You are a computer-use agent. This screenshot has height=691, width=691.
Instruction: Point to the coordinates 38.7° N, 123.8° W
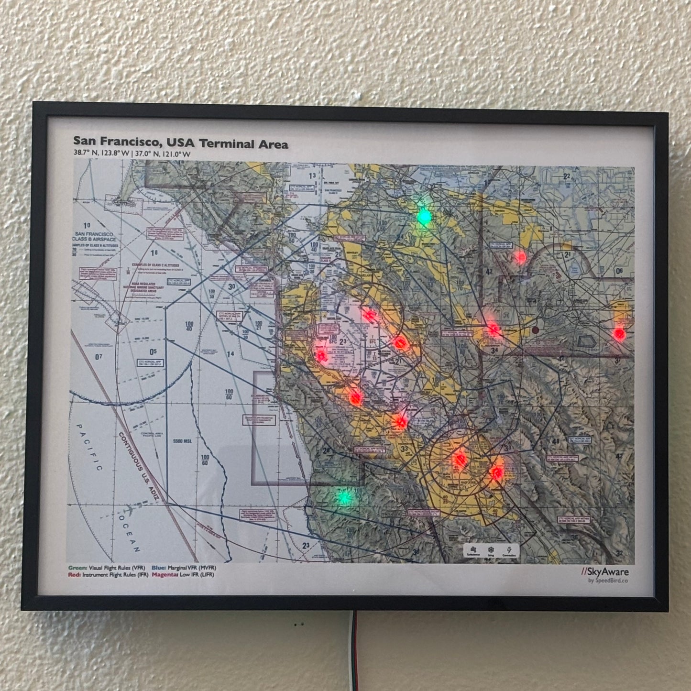101,154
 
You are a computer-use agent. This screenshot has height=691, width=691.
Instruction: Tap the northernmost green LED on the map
424,217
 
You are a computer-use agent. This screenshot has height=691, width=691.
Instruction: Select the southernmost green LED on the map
344,498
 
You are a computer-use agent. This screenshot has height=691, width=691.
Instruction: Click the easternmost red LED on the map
619,333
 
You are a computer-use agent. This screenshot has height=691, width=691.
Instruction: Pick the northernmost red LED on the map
520,257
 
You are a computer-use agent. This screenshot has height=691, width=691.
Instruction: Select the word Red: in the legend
74,575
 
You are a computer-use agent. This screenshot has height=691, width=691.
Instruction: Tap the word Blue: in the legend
159,568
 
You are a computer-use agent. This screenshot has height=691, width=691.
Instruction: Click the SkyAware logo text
605,571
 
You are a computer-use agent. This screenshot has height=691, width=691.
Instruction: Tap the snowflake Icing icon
491,550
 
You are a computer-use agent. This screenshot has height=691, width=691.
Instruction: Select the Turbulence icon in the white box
473,550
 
